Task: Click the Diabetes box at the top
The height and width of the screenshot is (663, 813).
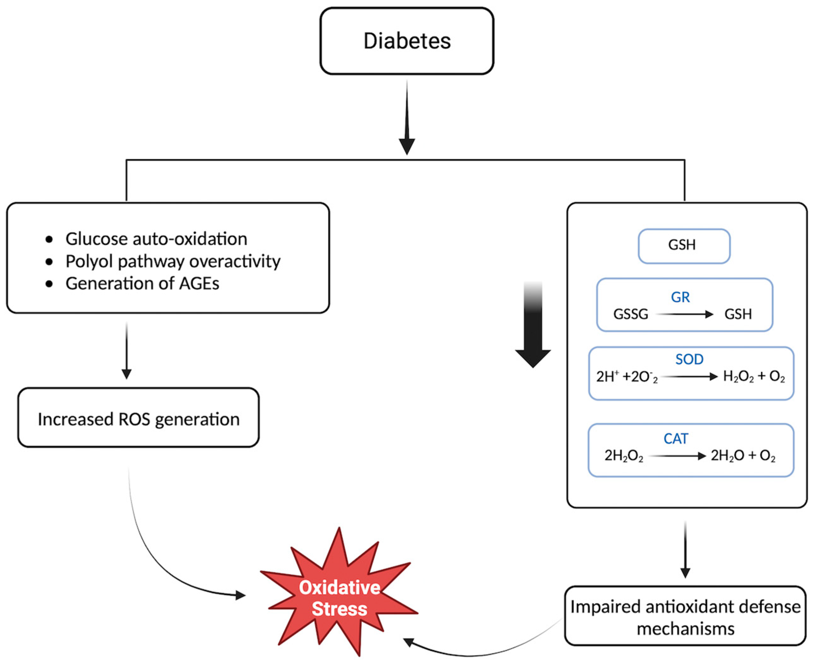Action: [407, 41]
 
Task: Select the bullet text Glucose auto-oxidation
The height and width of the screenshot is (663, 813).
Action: [156, 239]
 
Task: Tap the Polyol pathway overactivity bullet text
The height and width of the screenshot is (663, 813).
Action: [173, 262]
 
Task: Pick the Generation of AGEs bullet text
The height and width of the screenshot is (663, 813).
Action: [142, 284]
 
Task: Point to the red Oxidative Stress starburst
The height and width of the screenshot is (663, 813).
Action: [339, 598]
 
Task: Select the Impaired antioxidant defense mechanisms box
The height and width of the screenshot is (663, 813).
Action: [685, 617]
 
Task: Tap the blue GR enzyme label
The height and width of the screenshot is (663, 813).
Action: [680, 297]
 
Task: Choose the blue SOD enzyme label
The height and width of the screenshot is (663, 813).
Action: [689, 359]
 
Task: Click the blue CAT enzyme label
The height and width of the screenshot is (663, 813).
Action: [676, 439]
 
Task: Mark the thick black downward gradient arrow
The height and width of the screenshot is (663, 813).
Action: [533, 325]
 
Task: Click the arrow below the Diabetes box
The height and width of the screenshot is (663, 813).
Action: [407, 118]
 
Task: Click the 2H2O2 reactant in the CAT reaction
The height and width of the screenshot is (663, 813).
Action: [624, 456]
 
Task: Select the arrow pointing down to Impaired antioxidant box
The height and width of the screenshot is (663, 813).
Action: [685, 550]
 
